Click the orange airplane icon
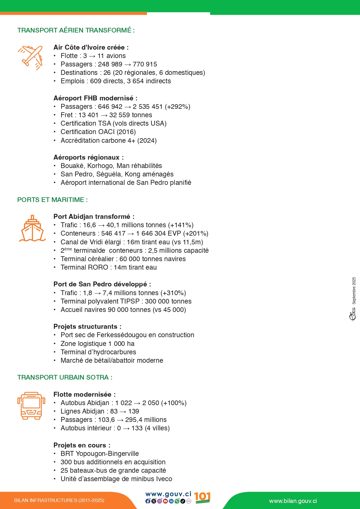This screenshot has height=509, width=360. click(31, 57)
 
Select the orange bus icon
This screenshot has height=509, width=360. click(31, 406)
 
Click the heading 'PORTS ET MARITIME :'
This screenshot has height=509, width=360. click(52, 200)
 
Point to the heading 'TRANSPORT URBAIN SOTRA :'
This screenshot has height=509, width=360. click(65, 377)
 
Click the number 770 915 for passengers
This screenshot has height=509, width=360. click(145, 64)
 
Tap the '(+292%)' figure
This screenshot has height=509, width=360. click(178, 107)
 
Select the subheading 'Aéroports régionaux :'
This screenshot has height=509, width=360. click(88, 157)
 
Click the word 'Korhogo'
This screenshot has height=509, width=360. click(100, 166)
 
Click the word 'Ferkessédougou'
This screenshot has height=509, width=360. click(122, 335)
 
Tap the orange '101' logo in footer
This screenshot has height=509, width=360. click(202, 497)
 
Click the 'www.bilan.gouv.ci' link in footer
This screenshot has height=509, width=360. click(293, 501)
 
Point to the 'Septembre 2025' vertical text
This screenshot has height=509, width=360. click(354, 290)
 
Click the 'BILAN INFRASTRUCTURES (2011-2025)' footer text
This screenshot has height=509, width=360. click(59, 500)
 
